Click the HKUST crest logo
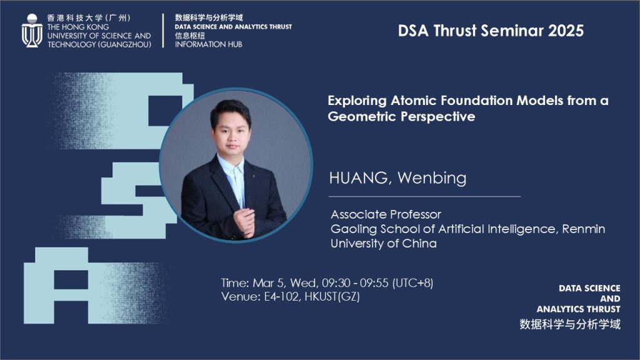tap(32, 31)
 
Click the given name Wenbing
tap(432, 178)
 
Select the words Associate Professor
tap(386, 214)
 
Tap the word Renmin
tap(583, 229)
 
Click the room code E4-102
tap(282, 296)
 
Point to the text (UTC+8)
tap(412, 283)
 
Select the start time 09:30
tap(336, 283)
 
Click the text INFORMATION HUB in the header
tap(209, 44)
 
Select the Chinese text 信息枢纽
tap(190, 36)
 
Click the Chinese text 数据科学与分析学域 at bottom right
tap(570, 324)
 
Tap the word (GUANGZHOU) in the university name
tap(124, 44)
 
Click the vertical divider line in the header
tap(163, 31)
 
